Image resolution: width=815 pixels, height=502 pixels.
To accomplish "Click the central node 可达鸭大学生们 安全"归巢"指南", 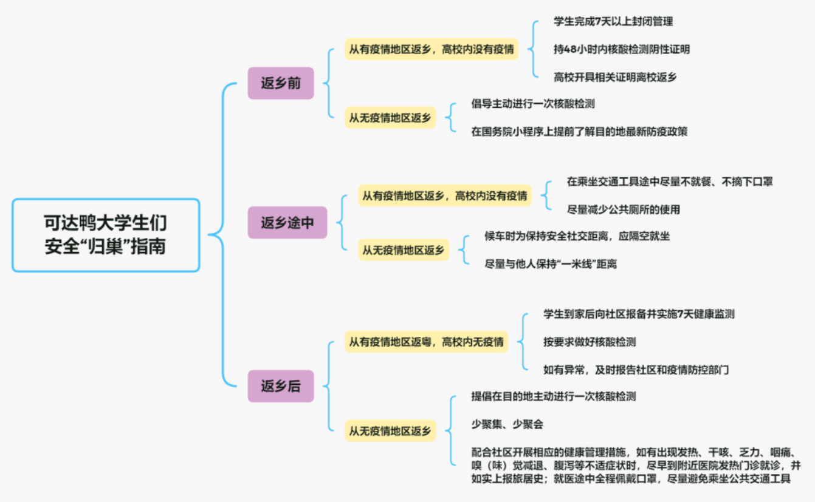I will (x=106, y=235).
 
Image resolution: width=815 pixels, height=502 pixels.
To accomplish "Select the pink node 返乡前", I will (x=281, y=83).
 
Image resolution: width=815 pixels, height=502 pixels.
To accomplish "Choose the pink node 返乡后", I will (x=281, y=386).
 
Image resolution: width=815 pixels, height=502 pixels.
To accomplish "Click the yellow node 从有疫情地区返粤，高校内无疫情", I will (x=426, y=342).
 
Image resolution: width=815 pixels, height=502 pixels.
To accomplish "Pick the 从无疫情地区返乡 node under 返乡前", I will (x=390, y=118).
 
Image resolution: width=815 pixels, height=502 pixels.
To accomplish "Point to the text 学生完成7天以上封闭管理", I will (x=613, y=21).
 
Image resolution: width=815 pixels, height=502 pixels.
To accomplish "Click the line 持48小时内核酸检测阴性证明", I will (x=621, y=49).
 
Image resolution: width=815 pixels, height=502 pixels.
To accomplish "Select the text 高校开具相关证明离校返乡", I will (x=615, y=77).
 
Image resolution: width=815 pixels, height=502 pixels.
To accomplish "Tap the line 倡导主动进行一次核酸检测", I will (x=533, y=104).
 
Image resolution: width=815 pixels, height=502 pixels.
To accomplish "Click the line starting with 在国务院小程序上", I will (x=579, y=131).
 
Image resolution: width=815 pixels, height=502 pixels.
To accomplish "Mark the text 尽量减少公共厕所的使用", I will (x=623, y=209).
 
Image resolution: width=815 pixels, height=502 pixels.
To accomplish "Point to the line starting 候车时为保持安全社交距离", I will (x=577, y=236).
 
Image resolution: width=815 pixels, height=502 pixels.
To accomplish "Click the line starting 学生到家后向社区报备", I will (x=639, y=314).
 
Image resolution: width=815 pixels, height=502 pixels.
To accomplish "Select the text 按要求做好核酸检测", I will (x=590, y=342).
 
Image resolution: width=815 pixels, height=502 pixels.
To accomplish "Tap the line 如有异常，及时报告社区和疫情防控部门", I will (x=636, y=369).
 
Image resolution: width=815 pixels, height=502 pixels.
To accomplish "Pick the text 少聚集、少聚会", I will (x=507, y=424).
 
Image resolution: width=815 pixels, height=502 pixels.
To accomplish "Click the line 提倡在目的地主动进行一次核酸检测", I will (x=554, y=397).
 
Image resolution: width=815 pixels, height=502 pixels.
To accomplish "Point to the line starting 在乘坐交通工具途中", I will (x=670, y=181).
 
